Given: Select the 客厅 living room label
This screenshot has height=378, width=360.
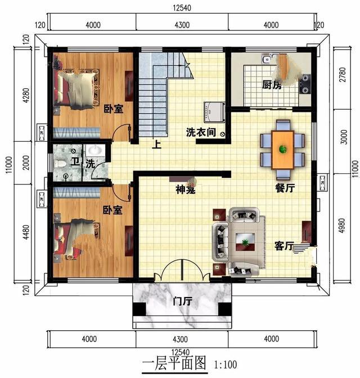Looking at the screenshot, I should point(284,246).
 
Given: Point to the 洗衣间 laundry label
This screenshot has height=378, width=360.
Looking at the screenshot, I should point(201,133).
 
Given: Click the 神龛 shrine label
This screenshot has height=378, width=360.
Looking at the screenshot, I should point(185,190).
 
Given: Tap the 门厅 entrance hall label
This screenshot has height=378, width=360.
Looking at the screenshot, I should point(182,302).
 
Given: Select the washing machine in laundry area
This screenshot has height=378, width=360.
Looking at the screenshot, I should point(215,111).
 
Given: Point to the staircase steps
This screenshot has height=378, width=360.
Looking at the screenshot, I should point(152,101).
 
